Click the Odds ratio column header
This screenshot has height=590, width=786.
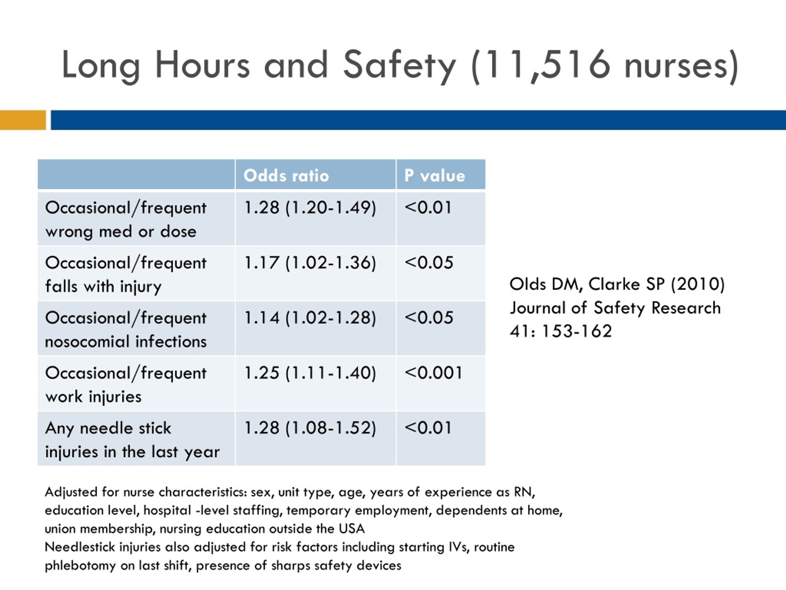click(x=286, y=176)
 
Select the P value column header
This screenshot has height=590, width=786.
click(x=434, y=176)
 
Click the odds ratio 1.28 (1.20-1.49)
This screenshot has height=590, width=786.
click(x=310, y=208)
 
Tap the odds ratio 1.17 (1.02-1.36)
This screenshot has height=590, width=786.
click(x=310, y=263)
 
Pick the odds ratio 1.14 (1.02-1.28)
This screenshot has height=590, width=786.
click(x=310, y=317)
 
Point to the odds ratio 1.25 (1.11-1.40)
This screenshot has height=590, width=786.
click(x=310, y=373)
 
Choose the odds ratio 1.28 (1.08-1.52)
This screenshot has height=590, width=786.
click(x=310, y=428)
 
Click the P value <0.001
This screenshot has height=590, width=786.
click(x=433, y=373)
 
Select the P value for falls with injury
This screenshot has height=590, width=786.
click(x=429, y=263)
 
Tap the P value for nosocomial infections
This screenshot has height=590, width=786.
click(x=429, y=317)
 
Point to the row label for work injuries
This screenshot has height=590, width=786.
click(x=126, y=385)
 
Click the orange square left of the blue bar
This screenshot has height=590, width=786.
click(x=23, y=120)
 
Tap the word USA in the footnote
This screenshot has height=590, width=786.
click(x=352, y=529)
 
